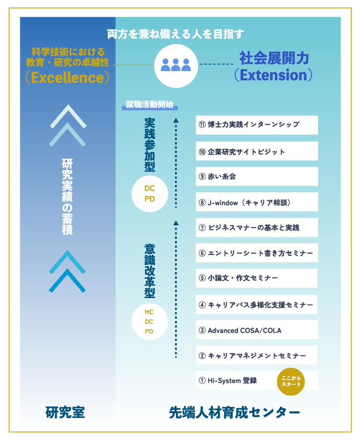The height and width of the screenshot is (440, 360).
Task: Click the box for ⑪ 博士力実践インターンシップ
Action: point(257,125)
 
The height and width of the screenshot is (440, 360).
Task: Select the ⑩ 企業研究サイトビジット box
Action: point(257,151)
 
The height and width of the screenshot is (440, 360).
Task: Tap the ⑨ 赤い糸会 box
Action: point(257,176)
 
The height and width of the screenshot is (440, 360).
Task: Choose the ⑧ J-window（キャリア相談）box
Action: point(257,202)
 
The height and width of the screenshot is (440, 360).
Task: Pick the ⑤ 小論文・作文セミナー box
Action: point(256,278)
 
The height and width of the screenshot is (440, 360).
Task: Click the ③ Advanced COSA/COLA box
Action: point(257,329)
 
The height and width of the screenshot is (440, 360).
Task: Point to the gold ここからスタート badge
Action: point(291,382)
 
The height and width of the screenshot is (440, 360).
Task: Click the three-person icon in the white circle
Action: point(176,65)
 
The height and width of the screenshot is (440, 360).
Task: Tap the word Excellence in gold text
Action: point(67,78)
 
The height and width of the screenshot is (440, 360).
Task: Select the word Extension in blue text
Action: point(274,75)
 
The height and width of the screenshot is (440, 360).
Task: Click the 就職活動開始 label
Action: point(150,104)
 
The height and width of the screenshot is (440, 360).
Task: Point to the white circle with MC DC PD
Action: point(150,321)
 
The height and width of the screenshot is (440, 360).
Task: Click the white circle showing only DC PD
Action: point(150,194)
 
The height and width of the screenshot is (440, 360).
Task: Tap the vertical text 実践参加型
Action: point(150,145)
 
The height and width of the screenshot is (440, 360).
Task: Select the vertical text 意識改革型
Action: point(150,271)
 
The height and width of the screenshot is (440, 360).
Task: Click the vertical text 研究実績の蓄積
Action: point(67,197)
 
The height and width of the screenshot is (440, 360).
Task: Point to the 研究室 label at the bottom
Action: point(65,413)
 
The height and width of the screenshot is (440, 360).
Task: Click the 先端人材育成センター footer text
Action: point(234,413)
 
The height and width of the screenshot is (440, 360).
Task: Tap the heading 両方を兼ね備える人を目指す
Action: point(175,34)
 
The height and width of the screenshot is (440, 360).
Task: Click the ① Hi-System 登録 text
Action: point(228,380)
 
